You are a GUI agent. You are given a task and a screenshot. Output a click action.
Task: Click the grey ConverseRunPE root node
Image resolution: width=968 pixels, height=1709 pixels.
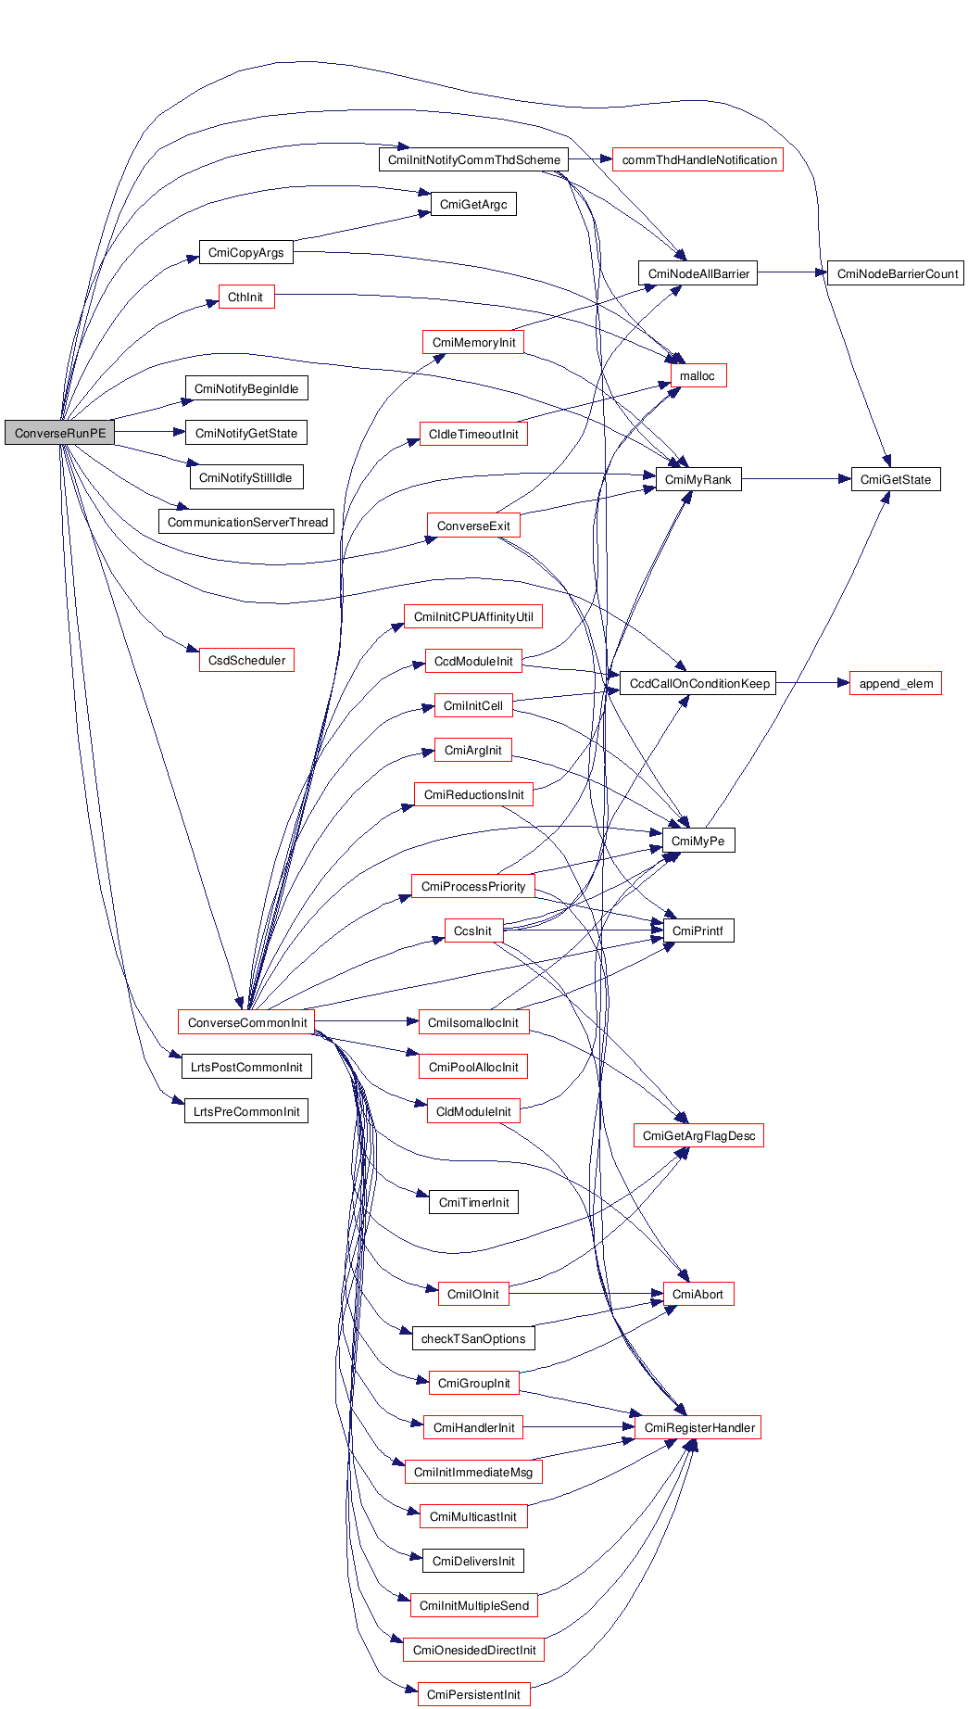(x=59, y=433)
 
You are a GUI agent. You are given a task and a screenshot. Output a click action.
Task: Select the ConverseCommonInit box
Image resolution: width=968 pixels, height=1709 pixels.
(x=246, y=1022)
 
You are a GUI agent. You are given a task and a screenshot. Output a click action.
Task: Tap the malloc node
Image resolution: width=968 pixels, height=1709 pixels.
(x=698, y=375)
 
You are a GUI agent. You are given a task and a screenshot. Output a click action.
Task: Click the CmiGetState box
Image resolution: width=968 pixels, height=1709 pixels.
(x=895, y=479)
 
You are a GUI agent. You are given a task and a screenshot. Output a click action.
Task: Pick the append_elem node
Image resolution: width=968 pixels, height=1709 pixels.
(x=895, y=683)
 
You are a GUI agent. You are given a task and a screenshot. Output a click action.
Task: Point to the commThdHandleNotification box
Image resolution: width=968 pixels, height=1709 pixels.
(x=698, y=159)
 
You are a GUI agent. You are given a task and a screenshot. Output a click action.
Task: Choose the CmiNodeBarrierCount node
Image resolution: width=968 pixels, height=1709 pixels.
(x=896, y=273)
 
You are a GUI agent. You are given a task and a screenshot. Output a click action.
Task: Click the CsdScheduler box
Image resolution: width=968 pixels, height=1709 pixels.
(x=246, y=660)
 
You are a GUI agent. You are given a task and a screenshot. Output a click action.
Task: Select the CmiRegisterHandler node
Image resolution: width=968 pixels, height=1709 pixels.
(x=698, y=1427)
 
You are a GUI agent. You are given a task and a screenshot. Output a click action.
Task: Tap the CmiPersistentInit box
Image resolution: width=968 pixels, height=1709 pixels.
(x=473, y=1694)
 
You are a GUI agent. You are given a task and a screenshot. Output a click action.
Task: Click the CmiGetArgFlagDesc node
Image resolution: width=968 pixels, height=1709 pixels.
(x=698, y=1135)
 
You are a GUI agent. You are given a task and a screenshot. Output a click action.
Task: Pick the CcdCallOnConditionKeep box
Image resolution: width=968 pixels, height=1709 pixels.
(x=698, y=683)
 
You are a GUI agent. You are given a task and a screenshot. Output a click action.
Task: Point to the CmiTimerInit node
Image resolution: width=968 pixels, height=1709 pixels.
(x=473, y=1202)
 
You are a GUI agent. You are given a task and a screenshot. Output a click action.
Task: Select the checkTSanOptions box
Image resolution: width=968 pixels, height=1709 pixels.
(x=473, y=1338)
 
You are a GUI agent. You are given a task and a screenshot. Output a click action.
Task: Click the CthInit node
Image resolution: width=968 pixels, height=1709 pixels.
(x=245, y=297)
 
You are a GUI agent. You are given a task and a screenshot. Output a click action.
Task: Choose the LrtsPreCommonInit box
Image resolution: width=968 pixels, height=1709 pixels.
(x=246, y=1111)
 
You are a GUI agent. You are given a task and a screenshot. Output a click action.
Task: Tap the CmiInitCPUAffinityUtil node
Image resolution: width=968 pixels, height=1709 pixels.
(x=473, y=616)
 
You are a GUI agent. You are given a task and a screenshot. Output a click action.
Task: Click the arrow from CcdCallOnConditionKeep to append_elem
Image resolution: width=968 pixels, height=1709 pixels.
(x=812, y=683)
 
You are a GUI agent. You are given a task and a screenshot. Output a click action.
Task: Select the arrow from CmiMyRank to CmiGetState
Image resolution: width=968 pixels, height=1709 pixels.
(x=796, y=479)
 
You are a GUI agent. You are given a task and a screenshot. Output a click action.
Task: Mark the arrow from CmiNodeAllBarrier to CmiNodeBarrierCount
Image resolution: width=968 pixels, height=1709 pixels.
(x=792, y=273)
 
